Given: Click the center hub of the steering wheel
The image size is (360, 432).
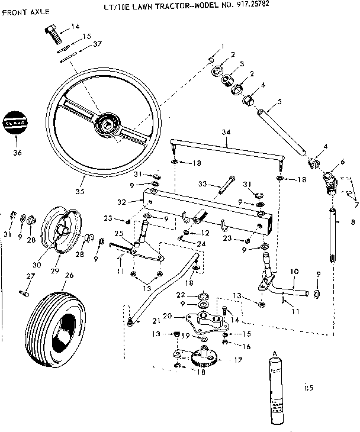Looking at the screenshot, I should [x=108, y=122].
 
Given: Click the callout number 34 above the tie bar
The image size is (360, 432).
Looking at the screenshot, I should [x=226, y=131].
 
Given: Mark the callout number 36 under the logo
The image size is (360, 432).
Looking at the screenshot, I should [x=17, y=153].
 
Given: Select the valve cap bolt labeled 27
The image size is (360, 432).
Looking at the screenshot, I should [x=23, y=292].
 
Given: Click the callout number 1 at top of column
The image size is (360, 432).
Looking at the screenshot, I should [x=222, y=46].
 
